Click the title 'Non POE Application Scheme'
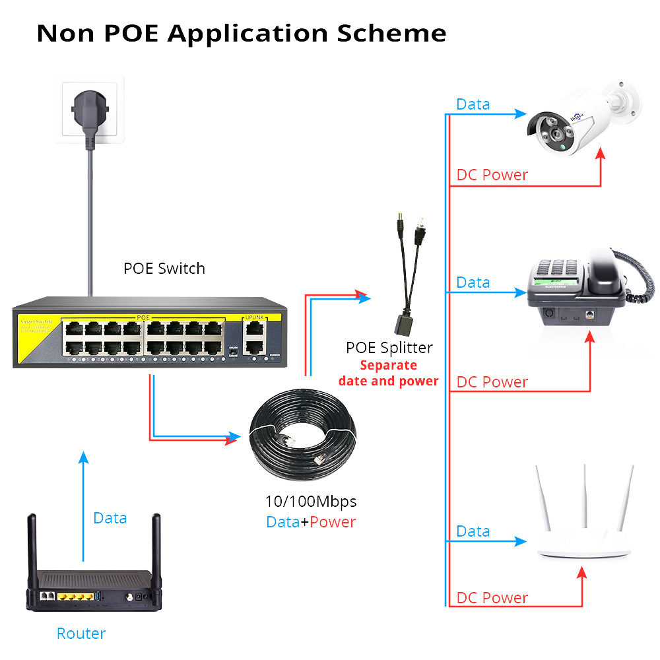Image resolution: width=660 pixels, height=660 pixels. (x=241, y=32)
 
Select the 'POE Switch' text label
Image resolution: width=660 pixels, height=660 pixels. (x=164, y=269)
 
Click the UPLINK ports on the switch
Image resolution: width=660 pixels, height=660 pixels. (x=254, y=338)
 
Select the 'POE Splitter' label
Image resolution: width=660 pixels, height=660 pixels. (x=389, y=348)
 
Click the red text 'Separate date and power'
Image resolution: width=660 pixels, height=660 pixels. (x=388, y=373)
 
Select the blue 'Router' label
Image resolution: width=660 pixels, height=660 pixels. (x=81, y=634)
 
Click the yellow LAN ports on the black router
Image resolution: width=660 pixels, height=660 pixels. (x=75, y=597)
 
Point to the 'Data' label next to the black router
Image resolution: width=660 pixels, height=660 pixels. (x=110, y=518)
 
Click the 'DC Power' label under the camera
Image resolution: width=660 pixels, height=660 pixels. (x=492, y=175)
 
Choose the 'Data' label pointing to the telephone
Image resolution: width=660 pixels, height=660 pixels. (x=473, y=282)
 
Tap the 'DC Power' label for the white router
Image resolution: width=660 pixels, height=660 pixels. (x=492, y=598)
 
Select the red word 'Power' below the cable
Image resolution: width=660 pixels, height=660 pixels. (x=333, y=522)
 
